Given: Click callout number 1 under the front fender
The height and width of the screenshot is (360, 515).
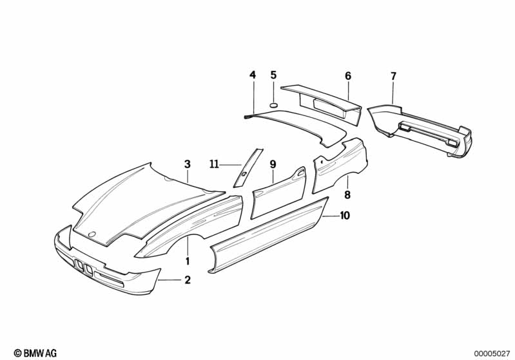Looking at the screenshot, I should coord(188,261).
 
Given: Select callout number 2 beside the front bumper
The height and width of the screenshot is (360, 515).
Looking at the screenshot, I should coord(188,280).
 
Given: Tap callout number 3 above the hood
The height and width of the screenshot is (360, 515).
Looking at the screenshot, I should coord(188,164).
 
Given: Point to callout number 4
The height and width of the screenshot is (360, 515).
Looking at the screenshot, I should coord(253,75).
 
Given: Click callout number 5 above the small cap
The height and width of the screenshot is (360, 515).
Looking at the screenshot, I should coord(273,75).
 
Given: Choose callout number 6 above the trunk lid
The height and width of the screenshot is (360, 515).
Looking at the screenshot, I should coord(348,76).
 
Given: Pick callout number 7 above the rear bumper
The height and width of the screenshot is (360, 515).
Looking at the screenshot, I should coord(393,77).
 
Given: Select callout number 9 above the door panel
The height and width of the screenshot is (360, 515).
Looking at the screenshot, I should coord(273,164).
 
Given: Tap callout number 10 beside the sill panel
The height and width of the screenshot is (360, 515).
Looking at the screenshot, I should coord(345,216).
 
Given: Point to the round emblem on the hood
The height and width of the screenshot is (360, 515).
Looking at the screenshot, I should coord(92,234).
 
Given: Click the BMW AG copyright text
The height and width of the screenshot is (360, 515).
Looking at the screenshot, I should coord(35,352).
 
